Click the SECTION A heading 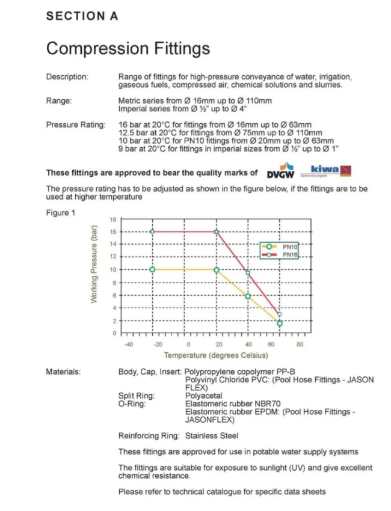(x=82, y=17)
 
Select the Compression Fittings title (x=128, y=48)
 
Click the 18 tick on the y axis (x=111, y=219)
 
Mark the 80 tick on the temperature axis (x=300, y=344)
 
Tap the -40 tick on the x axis (x=128, y=344)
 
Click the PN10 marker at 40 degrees (x=248, y=296)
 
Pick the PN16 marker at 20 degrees (x=217, y=231)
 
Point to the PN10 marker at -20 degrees (x=152, y=269)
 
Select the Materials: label (x=63, y=372)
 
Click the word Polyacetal (x=204, y=396)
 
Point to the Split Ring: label (x=136, y=396)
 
